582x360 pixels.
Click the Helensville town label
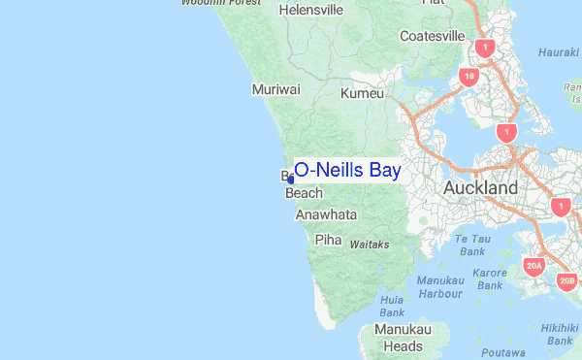coord(310,10)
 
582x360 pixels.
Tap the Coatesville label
coord(432,36)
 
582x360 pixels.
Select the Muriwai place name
coord(275,89)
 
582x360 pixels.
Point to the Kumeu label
coord(363,94)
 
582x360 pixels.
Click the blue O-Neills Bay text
coord(346,170)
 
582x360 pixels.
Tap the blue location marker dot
coord(291,179)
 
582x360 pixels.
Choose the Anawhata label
coord(326,214)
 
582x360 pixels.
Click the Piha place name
coord(328,239)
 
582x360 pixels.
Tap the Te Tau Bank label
coord(473,245)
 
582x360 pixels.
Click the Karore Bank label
coord(490,279)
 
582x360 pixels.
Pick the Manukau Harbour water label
coord(439,286)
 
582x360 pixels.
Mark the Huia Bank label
coord(391,307)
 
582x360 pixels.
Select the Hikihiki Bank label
coord(561,334)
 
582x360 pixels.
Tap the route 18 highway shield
coord(469,76)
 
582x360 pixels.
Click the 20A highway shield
coord(533,265)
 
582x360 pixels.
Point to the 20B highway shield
coord(567,281)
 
